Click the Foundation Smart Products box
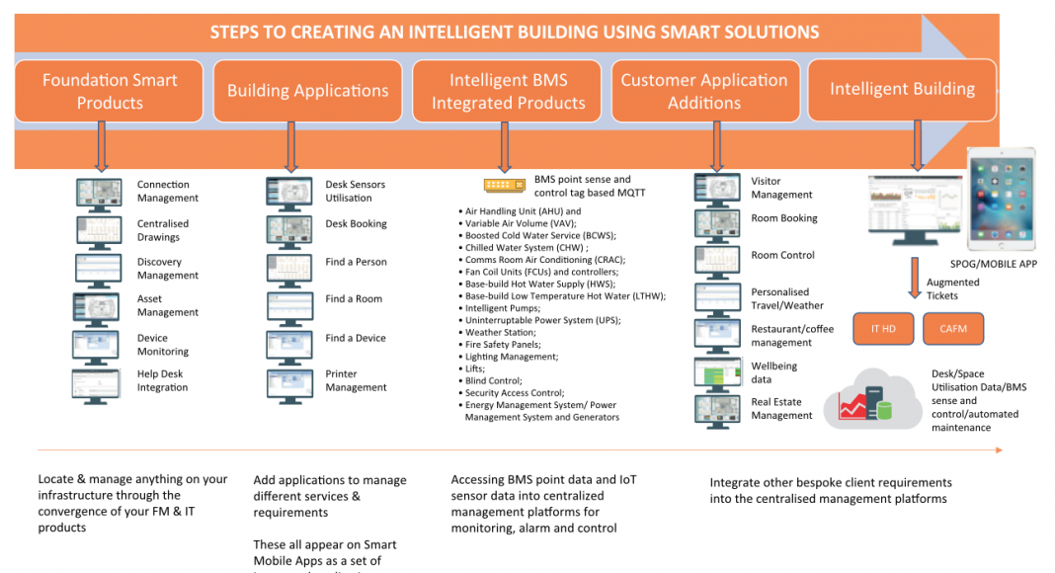click(x=110, y=91)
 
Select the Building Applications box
click(x=308, y=91)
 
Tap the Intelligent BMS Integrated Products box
click(x=508, y=91)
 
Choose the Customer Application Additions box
click(x=703, y=91)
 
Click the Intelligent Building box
click(x=902, y=90)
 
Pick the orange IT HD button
click(x=882, y=329)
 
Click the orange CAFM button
click(x=952, y=329)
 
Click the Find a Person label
click(x=356, y=262)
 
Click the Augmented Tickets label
click(x=952, y=288)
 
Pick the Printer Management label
click(x=356, y=380)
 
